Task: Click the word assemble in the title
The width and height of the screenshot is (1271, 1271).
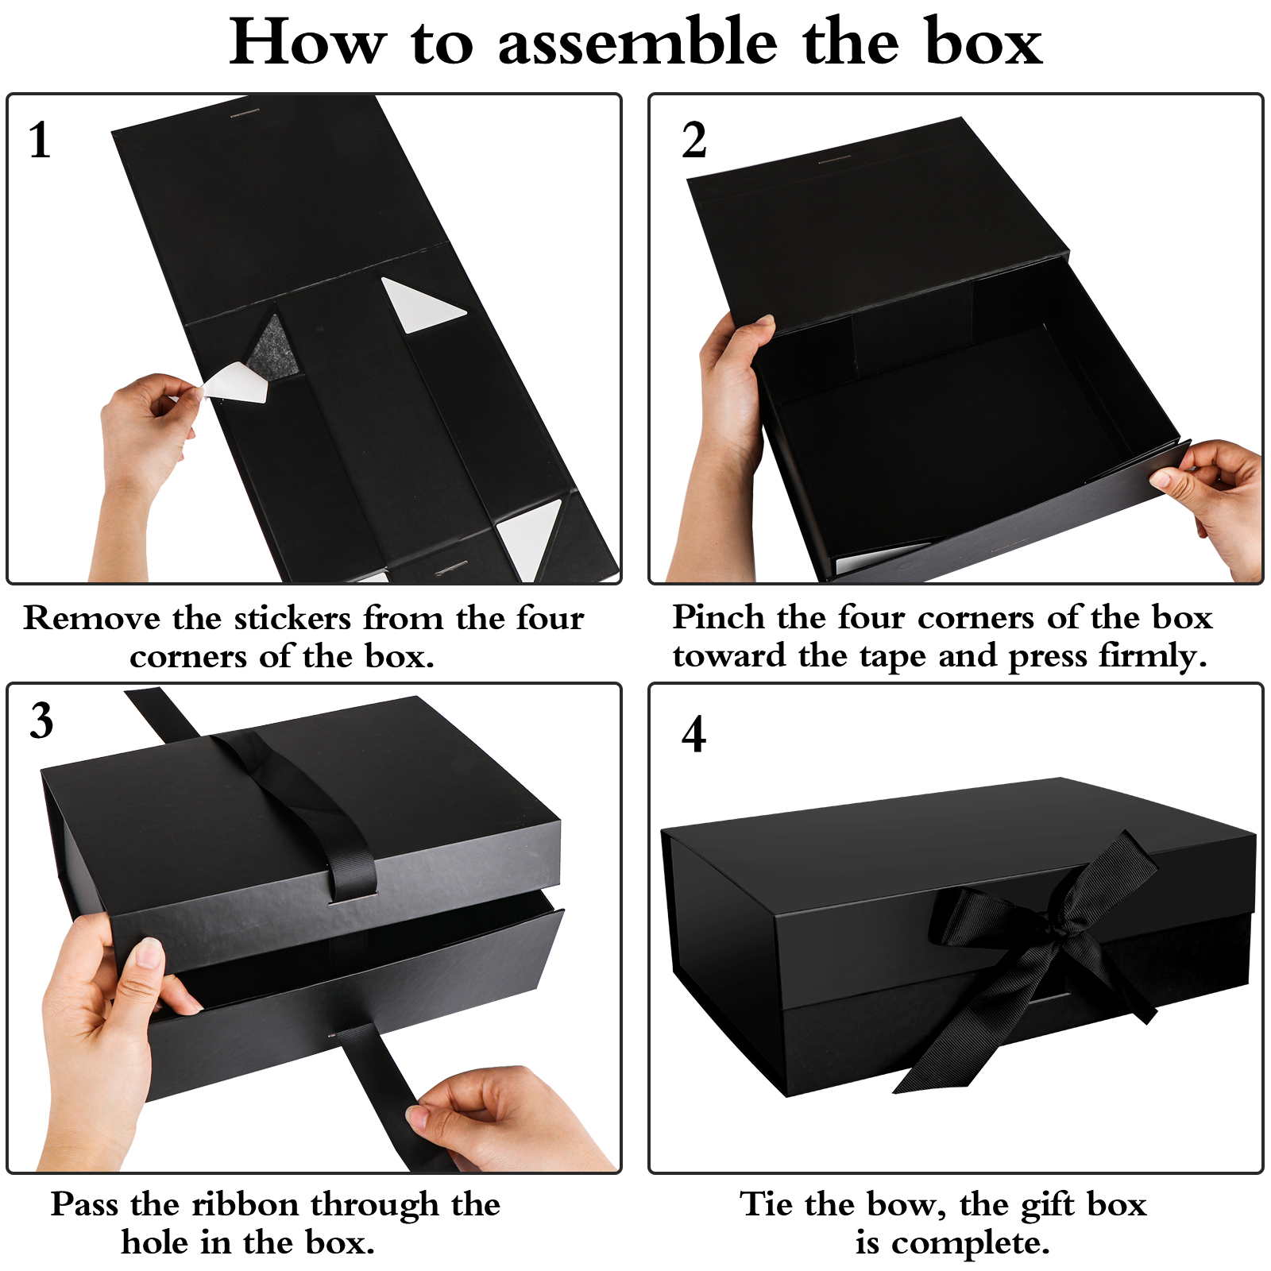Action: [637, 42]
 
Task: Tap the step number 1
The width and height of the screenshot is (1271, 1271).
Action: [40, 141]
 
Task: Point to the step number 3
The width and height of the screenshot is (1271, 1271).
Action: [41, 720]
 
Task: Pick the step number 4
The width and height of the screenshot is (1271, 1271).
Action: [693, 734]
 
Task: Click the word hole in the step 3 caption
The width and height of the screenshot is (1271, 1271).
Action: [154, 1242]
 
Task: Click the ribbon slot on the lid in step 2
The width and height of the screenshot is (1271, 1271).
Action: [834, 160]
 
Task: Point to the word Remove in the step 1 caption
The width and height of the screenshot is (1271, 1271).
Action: [91, 618]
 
